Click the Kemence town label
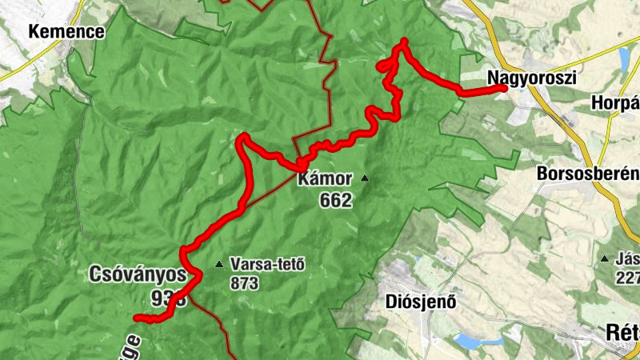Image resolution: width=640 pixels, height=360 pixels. click(66, 32)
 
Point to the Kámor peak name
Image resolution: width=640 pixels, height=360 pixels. click(324, 180)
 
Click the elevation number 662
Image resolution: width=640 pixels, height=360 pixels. click(335, 200)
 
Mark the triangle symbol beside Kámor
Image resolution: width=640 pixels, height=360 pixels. click(366, 178)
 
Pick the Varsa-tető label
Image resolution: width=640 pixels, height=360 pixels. click(267, 263)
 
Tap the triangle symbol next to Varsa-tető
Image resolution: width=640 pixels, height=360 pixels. click(219, 264)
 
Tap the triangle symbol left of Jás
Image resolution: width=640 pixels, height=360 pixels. click(605, 258)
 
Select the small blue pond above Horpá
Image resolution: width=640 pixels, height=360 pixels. click(624, 58)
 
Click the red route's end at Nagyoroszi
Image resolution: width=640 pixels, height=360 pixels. click(504, 89)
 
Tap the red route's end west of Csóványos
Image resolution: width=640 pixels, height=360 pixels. click(136, 318)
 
